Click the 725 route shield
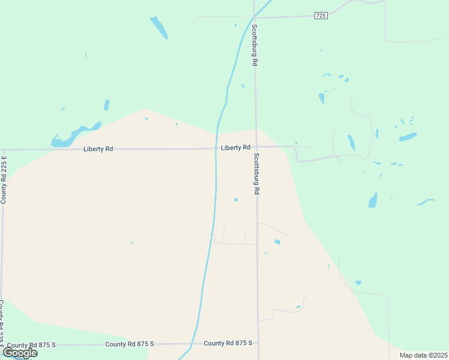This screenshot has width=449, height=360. click(x=321, y=16)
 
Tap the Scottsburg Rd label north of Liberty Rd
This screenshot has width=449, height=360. click(x=255, y=45)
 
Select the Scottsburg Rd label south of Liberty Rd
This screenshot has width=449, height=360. click(x=256, y=174)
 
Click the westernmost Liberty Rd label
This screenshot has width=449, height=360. click(x=98, y=148)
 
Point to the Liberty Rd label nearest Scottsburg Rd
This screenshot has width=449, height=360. click(x=235, y=148)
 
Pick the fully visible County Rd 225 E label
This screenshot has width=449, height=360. click(x=4, y=179)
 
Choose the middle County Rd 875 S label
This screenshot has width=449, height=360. click(x=130, y=344)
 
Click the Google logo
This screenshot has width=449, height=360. click(x=20, y=353)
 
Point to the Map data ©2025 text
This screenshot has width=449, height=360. click(x=423, y=355)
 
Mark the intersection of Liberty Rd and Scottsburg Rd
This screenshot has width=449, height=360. click(x=256, y=147)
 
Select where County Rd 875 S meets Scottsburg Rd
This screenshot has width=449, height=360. click(x=259, y=343)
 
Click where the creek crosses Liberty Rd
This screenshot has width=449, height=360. click(x=216, y=148)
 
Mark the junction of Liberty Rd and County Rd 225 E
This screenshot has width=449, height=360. click(x=4, y=149)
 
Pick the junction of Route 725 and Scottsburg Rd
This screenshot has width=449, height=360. click(x=255, y=17)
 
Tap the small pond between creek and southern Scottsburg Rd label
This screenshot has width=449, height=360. click(x=236, y=200)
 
